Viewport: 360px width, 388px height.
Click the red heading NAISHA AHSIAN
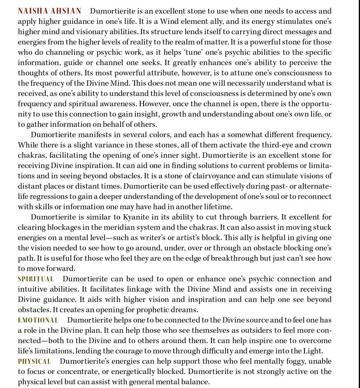[x=49, y=11]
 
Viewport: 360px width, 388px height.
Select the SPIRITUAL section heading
[x=36, y=279]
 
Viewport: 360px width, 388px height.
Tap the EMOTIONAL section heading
[x=38, y=320]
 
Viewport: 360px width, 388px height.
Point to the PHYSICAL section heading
[x=34, y=361]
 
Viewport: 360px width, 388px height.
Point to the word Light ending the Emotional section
[x=313, y=351]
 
